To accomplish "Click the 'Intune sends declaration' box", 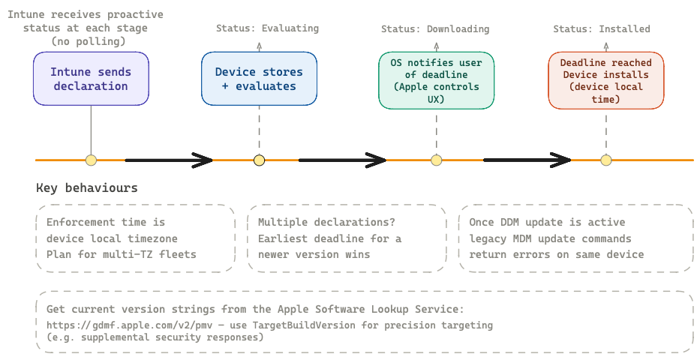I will point(91,79).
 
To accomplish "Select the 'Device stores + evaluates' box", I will point(259,79).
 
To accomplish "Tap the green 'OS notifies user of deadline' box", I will point(436,80).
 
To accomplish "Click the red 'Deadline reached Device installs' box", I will point(606,80).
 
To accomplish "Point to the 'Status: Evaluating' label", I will point(267,28).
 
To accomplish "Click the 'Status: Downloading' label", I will point(435,29).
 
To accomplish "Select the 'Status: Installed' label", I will point(602,29).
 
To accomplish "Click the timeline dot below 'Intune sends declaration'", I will point(91,160).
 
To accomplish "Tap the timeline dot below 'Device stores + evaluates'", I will point(259,160).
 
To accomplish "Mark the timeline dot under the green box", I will point(436,160).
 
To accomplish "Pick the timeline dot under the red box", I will point(606,160).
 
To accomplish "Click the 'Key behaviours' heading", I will point(87,188).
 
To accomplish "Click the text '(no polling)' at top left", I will point(87,41).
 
